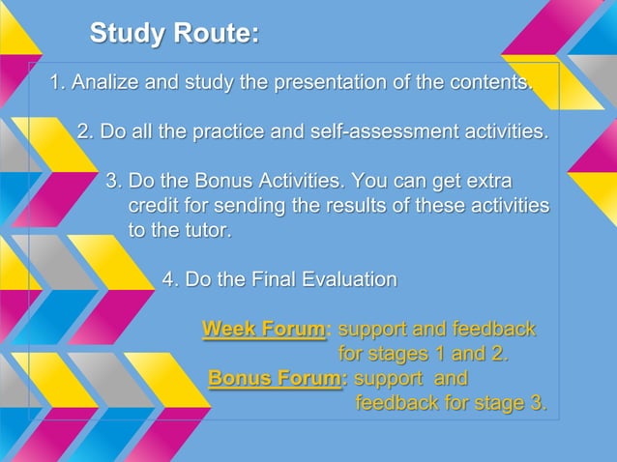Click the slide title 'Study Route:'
tap(174, 34)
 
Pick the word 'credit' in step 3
tap(157, 206)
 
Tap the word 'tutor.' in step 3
tap(206, 231)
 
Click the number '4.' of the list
tap(170, 280)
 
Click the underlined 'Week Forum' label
tap(263, 330)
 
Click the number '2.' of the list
tap(85, 131)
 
